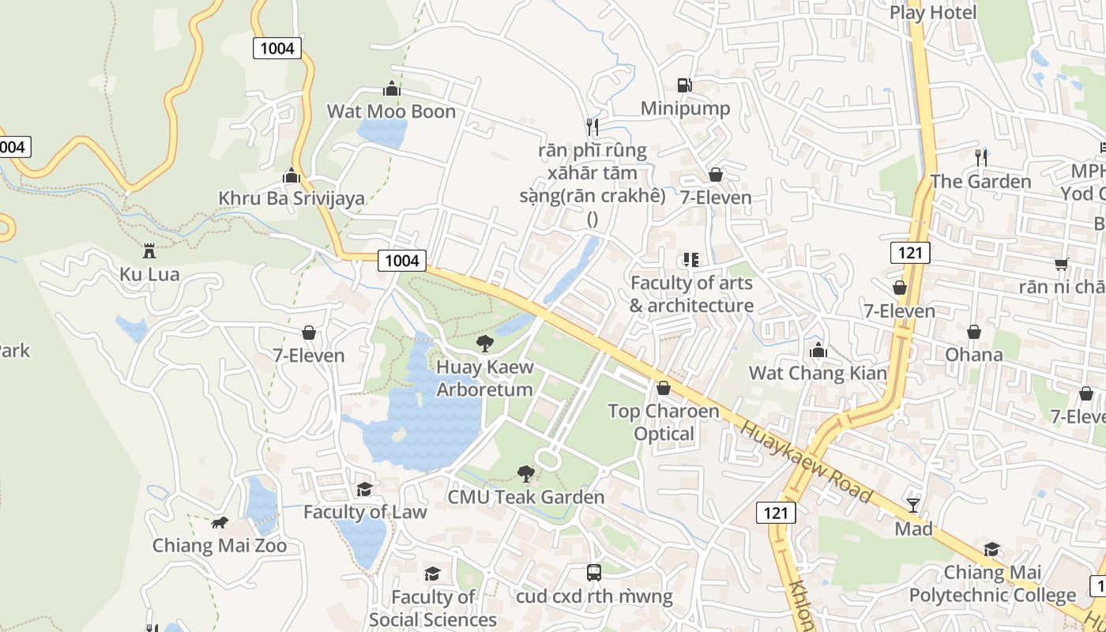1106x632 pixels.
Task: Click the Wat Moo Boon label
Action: [x=391, y=111]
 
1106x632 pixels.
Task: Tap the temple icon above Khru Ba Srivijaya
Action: [x=292, y=175]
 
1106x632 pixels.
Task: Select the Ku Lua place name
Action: [x=149, y=275]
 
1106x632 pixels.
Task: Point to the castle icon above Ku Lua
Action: [x=149, y=251]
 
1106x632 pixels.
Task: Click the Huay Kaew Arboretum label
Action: [x=484, y=378]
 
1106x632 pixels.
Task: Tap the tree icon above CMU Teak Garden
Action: [x=525, y=473]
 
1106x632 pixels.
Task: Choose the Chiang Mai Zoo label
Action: [x=219, y=546]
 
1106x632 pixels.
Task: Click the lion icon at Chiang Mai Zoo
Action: [x=219, y=523]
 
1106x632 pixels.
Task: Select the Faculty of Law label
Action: [x=365, y=512]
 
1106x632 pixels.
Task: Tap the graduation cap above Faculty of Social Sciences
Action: [x=432, y=574]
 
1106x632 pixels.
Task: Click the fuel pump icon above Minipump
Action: [x=685, y=85]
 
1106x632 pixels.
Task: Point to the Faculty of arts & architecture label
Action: [x=691, y=294]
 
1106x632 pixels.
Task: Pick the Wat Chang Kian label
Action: [x=818, y=373]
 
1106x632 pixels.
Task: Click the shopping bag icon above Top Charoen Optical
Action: [x=664, y=388]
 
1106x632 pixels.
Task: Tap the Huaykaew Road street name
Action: [x=807, y=462]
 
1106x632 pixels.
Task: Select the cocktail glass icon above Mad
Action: [x=913, y=504]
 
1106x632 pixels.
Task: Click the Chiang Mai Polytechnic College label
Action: [x=992, y=584]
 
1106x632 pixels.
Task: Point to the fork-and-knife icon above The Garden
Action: [x=980, y=157]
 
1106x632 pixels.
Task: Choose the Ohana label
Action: [x=974, y=355]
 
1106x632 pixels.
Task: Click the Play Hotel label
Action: [x=933, y=13]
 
